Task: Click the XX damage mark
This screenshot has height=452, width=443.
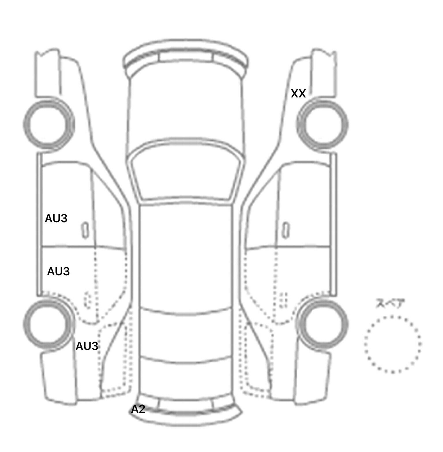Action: [298, 94]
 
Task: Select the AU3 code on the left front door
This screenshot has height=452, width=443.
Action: [56, 219]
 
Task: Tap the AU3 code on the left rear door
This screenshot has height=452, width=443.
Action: [58, 272]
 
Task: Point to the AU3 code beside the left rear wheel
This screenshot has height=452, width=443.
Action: [87, 346]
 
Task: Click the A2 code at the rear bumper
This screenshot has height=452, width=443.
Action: [138, 409]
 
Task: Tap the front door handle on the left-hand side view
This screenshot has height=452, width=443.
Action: [85, 230]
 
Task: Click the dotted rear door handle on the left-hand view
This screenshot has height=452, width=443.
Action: [87, 300]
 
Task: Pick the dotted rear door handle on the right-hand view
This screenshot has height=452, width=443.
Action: [284, 300]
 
